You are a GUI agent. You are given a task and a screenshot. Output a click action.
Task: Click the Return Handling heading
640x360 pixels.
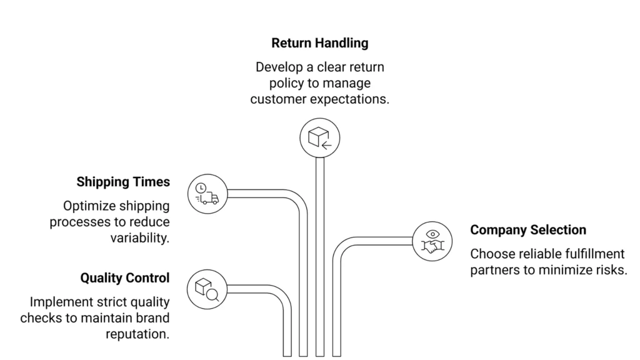(x=319, y=43)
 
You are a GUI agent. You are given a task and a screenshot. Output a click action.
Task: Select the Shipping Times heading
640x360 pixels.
(x=123, y=182)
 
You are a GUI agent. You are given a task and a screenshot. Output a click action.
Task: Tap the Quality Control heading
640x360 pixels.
(x=125, y=277)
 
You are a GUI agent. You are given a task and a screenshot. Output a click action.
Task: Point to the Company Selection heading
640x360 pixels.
(x=528, y=229)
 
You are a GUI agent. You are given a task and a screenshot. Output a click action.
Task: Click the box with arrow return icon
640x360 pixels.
(x=319, y=138)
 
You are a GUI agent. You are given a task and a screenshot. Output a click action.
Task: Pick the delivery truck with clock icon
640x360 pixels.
(x=207, y=192)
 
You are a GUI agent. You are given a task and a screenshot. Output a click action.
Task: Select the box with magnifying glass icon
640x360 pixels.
(x=207, y=288)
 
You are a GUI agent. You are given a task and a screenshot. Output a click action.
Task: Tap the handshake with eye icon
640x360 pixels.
(x=432, y=241)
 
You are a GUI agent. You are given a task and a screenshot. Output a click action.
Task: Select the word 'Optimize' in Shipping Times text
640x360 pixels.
(x=88, y=206)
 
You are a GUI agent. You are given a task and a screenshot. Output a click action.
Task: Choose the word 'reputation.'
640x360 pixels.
(x=137, y=334)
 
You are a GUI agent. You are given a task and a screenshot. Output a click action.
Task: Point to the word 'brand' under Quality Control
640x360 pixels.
(x=152, y=317)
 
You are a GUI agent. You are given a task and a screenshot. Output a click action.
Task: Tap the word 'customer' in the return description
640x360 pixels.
(x=274, y=99)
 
